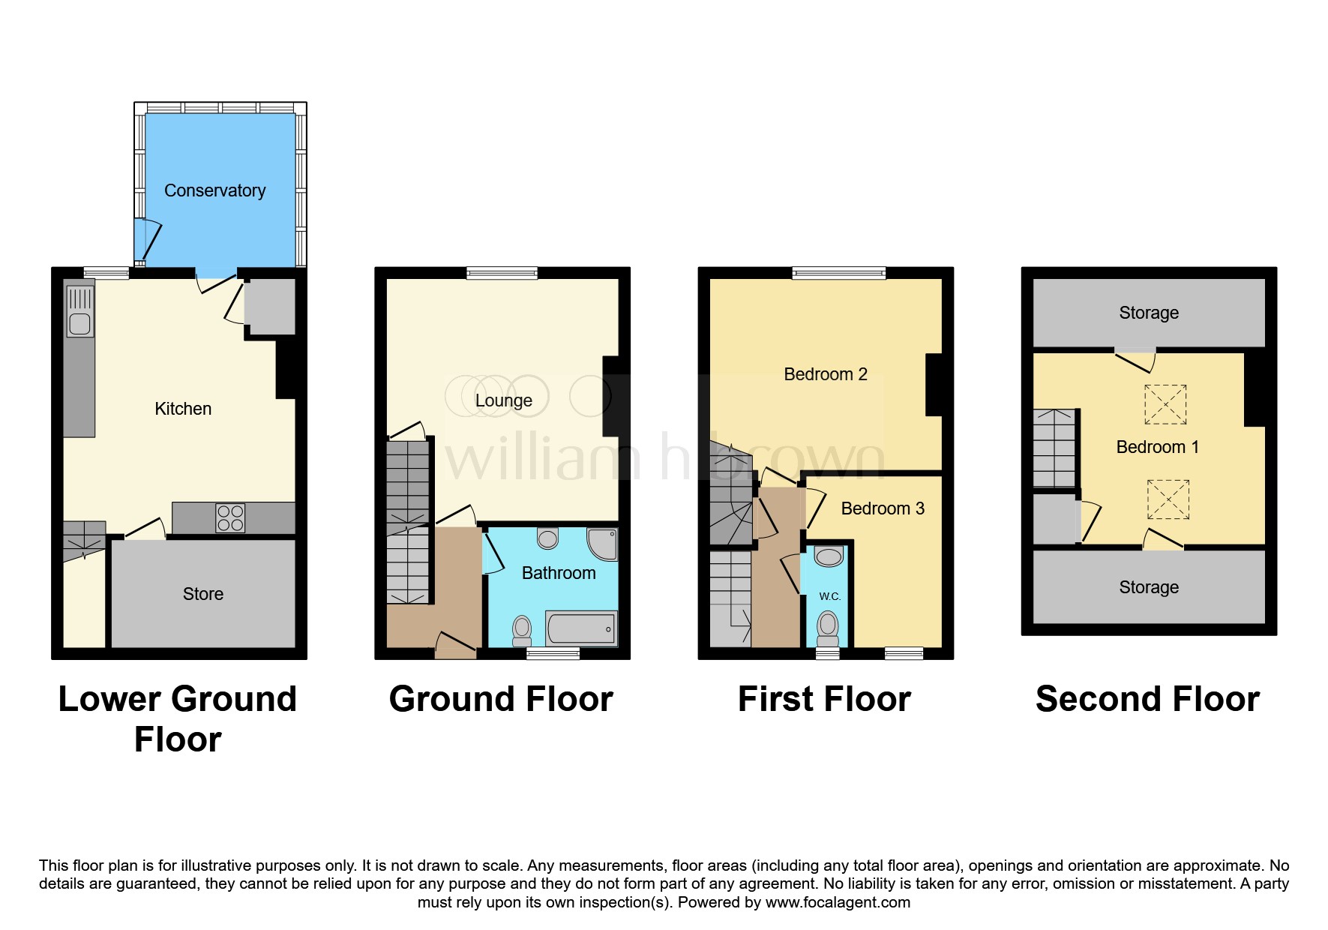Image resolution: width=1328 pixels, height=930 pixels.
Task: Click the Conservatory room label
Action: (x=214, y=190)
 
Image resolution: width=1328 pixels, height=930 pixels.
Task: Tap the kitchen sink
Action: (x=79, y=309)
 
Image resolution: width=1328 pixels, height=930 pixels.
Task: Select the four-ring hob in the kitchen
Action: (x=230, y=518)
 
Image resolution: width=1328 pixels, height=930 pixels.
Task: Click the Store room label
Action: (x=203, y=594)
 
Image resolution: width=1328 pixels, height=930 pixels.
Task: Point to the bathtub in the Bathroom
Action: (x=581, y=628)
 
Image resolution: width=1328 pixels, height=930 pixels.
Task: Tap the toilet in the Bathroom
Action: (x=522, y=630)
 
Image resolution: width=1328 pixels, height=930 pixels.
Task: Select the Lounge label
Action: (x=503, y=400)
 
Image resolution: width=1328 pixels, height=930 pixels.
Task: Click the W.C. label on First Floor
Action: (x=829, y=596)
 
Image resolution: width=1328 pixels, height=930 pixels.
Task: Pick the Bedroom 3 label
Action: (x=883, y=508)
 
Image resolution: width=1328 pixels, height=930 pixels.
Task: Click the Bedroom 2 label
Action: (x=825, y=374)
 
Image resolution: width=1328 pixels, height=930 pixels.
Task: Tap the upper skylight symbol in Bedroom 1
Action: (x=1165, y=404)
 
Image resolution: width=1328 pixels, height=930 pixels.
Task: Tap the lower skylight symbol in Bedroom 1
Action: (x=1168, y=499)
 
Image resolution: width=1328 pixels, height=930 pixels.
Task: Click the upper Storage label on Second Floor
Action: (x=1148, y=313)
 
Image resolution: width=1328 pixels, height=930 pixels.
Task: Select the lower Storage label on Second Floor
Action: (x=1148, y=587)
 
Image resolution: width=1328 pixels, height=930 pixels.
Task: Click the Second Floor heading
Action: (x=1147, y=699)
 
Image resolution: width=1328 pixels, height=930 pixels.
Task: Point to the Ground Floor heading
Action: (x=501, y=699)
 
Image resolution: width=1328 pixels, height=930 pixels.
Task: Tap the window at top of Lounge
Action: (x=502, y=273)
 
